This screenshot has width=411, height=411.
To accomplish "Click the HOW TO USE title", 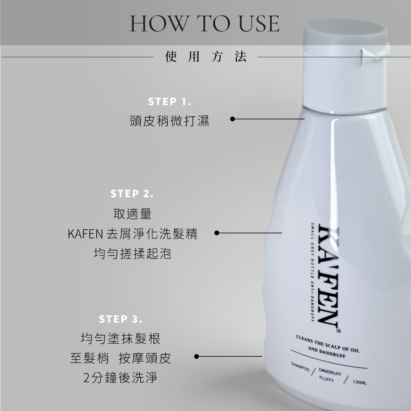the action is point(204,23).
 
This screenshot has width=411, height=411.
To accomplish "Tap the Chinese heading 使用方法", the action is point(206,57).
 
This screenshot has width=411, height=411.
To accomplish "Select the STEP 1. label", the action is point(170,102).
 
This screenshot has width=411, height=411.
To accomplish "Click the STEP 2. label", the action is point(132,194).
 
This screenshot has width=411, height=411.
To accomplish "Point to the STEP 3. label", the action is point(120,319).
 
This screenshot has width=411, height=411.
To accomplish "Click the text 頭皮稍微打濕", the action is point(170,121).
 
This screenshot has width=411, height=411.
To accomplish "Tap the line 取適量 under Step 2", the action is point(132,214).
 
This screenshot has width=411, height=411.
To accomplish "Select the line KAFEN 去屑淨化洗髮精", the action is point(133,233).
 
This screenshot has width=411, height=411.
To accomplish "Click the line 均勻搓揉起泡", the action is point(133,254).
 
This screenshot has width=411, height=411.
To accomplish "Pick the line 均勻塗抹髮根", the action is point(120,338).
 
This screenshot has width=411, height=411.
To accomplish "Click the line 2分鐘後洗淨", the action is point(120,378).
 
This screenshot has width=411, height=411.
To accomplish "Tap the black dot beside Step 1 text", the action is point(232,119).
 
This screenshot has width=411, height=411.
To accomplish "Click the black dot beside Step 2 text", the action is point(217,233).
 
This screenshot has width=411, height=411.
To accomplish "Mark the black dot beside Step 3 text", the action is point(196,356).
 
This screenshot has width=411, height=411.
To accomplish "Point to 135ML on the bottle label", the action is point(360,382).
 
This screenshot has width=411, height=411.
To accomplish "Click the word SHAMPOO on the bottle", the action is point(300,367).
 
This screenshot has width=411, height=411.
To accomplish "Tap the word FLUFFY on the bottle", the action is point(327,379).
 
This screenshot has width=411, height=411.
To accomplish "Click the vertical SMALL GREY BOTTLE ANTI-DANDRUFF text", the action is point(312,272).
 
